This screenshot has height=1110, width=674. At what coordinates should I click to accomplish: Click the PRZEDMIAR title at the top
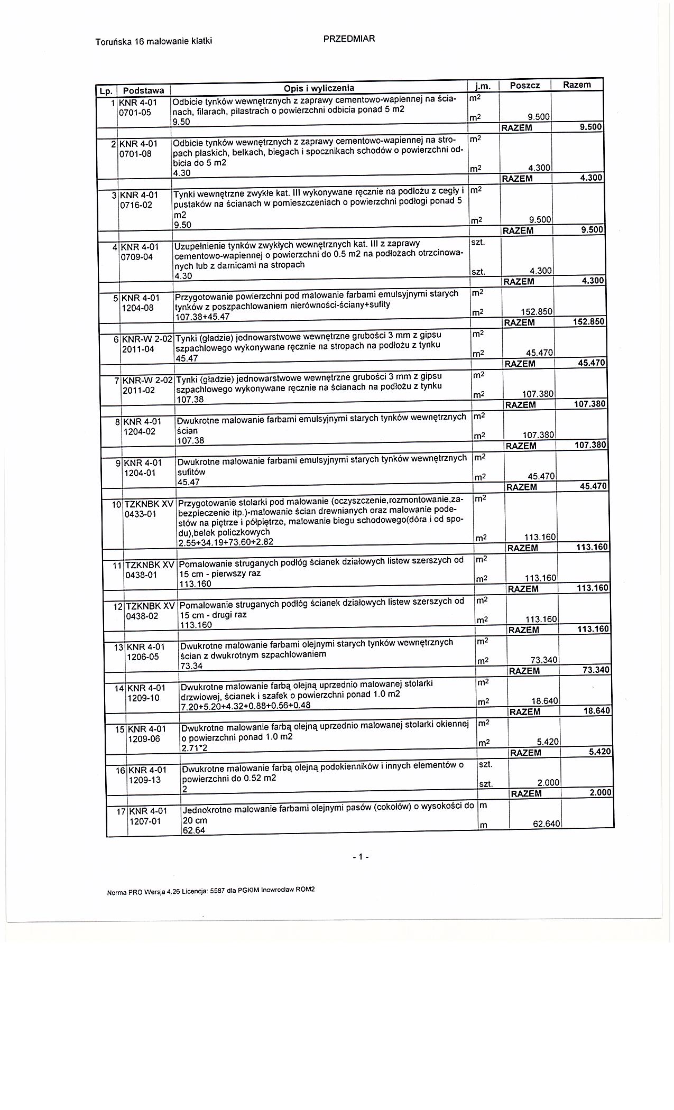click(x=348, y=39)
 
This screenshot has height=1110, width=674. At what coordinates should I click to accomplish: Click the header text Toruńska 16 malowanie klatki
click(x=154, y=41)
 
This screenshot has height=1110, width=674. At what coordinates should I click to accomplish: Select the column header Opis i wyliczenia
click(x=319, y=88)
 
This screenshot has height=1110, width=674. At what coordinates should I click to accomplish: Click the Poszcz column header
click(x=524, y=86)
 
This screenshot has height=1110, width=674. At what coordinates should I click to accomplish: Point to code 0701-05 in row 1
click(x=135, y=112)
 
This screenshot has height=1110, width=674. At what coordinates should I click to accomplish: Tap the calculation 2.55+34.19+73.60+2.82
click(x=226, y=542)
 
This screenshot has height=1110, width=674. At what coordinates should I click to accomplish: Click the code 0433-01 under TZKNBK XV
click(x=140, y=514)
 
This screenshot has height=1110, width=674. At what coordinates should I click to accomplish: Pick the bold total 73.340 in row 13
click(x=596, y=670)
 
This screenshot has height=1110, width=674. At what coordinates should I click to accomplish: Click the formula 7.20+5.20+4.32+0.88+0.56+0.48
click(x=245, y=706)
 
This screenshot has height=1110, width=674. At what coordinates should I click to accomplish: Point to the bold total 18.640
click(x=597, y=711)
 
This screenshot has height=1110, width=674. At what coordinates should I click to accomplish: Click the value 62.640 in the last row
click(x=546, y=824)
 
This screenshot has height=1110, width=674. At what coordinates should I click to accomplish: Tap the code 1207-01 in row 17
click(x=145, y=821)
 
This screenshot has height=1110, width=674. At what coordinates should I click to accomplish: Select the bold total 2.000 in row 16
click(x=600, y=793)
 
